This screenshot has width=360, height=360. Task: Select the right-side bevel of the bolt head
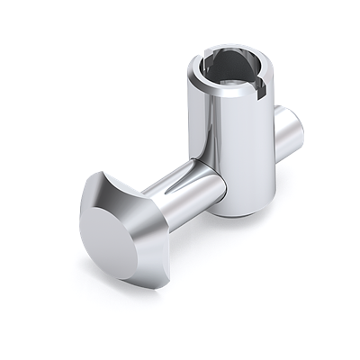(x=158, y=234)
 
